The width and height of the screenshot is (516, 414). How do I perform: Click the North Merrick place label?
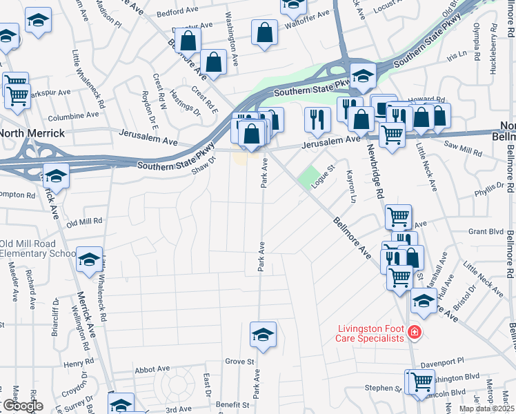tap(32, 133)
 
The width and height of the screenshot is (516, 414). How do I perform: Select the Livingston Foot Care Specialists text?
tap(370, 333)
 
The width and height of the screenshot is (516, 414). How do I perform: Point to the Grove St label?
tap(240, 362)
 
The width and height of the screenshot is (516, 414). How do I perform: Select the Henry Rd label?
tap(78, 363)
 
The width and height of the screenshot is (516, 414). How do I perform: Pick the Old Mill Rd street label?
tap(84, 221)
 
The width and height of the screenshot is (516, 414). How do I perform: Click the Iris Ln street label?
tap(457, 54)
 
